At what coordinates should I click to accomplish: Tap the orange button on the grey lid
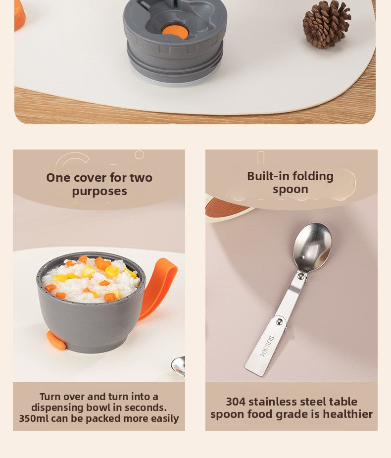175,32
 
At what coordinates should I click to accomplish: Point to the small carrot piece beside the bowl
56,341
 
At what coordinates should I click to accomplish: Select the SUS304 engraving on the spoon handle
267,347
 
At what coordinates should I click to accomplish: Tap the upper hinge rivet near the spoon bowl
301,276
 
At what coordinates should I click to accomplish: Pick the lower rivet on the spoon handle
280,322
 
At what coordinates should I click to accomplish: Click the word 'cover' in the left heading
90,178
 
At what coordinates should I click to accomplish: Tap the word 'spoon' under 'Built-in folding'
291,190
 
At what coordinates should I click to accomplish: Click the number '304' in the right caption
236,402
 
